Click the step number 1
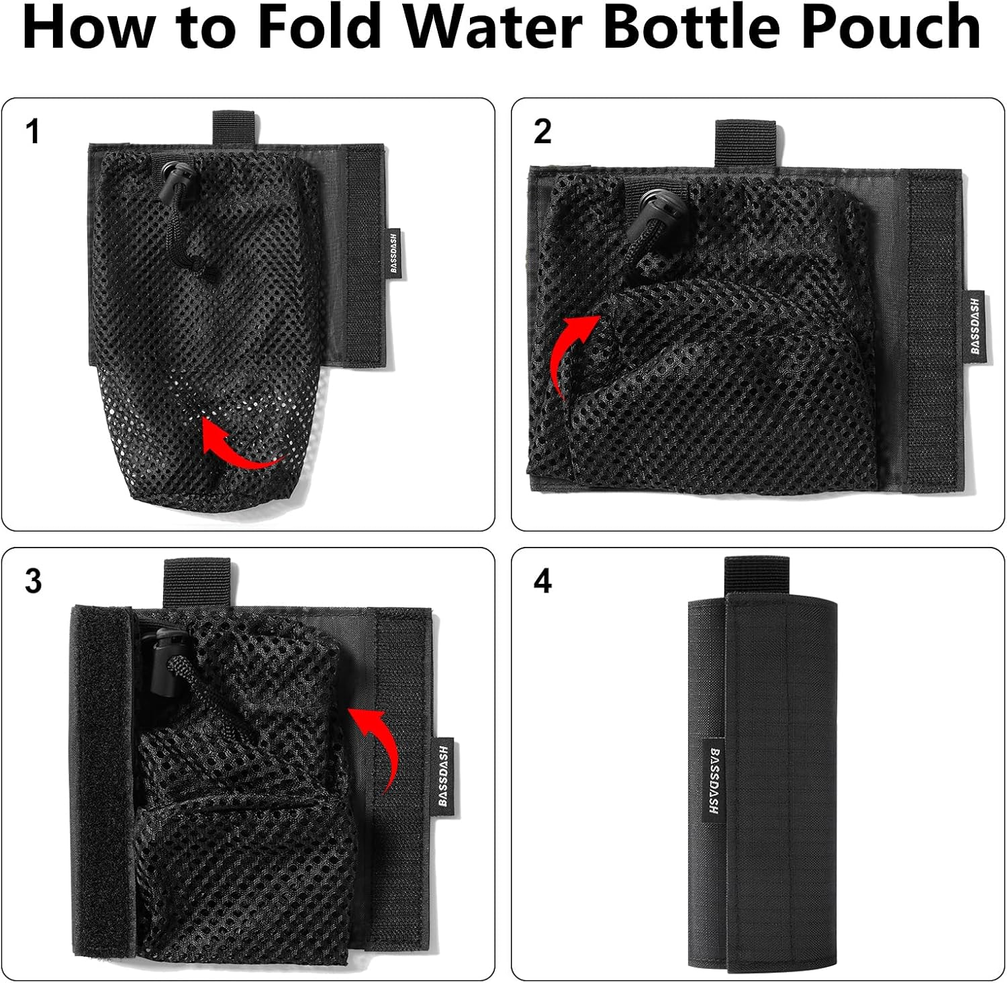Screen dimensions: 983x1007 [32, 132]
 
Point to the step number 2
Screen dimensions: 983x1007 [542, 132]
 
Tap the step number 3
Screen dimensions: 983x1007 [33, 581]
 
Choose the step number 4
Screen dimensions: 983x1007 [542, 581]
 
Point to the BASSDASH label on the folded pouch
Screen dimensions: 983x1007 [714, 779]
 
